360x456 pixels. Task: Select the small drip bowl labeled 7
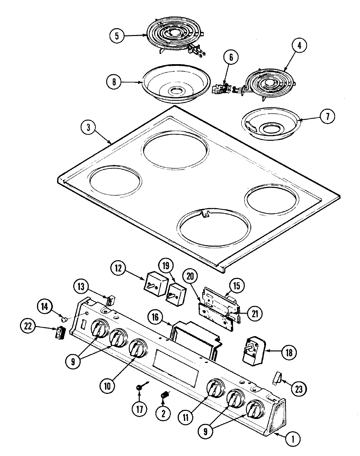[x=271, y=125]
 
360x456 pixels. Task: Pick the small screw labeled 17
[x=139, y=387]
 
